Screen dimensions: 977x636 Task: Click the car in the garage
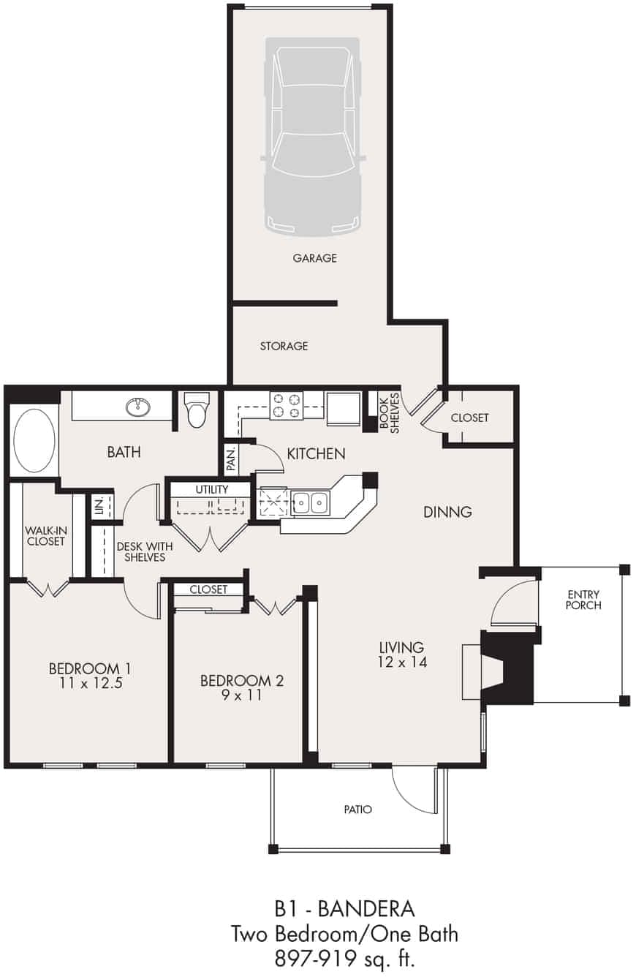(313, 137)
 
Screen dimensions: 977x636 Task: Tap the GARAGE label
(314, 258)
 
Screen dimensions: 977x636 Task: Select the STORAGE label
(284, 346)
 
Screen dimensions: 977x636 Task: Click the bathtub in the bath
(34, 441)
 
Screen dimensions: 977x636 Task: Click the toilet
(197, 410)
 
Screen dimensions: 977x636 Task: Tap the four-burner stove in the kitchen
(286, 406)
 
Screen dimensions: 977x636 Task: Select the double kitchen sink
(310, 503)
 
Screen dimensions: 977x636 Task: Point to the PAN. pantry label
(230, 460)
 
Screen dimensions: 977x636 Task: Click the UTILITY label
(212, 489)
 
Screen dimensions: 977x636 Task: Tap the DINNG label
(447, 512)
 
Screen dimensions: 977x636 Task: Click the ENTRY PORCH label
(583, 600)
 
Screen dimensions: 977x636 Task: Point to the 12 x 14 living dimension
(401, 663)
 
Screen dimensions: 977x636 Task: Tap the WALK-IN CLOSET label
(45, 535)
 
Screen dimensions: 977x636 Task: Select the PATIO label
(357, 810)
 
